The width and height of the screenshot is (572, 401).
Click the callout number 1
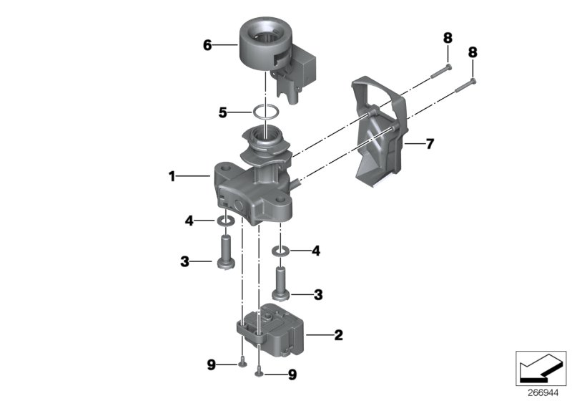[173, 176]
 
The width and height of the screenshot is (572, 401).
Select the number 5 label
[223, 112]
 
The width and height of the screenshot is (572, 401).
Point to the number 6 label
[207, 45]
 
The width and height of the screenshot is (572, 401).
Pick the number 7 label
[429, 144]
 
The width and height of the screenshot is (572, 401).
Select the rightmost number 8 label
[473, 52]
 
